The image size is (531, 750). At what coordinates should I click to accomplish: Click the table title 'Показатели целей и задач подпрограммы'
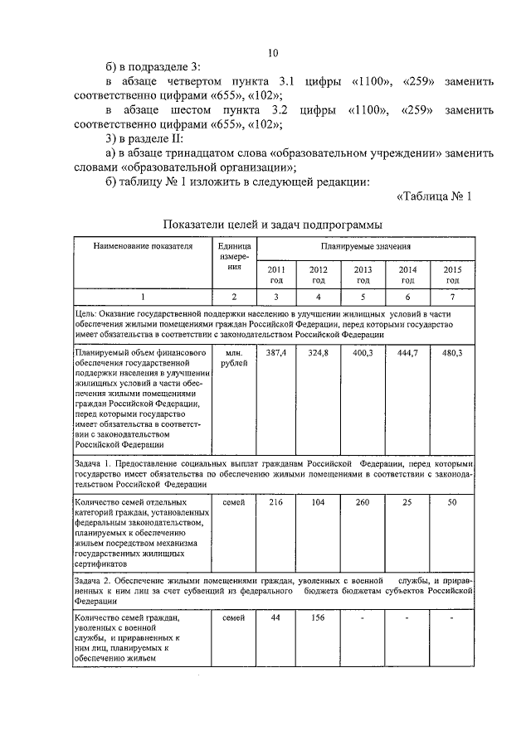tap(273, 224)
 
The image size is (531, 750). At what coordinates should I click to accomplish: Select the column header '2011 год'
tap(275, 275)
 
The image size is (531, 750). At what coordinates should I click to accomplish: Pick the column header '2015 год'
tap(452, 275)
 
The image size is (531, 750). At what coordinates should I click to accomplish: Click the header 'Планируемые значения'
tap(365, 247)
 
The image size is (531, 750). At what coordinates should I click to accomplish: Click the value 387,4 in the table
tap(275, 353)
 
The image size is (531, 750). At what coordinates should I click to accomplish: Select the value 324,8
tap(319, 353)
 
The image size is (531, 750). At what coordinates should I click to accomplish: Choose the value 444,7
tap(407, 353)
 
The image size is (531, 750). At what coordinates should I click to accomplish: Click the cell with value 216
tap(275, 503)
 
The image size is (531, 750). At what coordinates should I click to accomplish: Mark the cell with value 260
tap(363, 503)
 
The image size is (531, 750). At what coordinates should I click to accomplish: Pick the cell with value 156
tap(319, 618)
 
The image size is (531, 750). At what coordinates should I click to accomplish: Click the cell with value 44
tap(275, 618)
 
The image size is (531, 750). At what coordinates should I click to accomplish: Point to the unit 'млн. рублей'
tap(234, 358)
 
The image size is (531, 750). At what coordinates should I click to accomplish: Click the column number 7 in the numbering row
tap(452, 297)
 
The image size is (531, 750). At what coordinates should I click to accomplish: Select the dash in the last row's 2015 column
tap(452, 619)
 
